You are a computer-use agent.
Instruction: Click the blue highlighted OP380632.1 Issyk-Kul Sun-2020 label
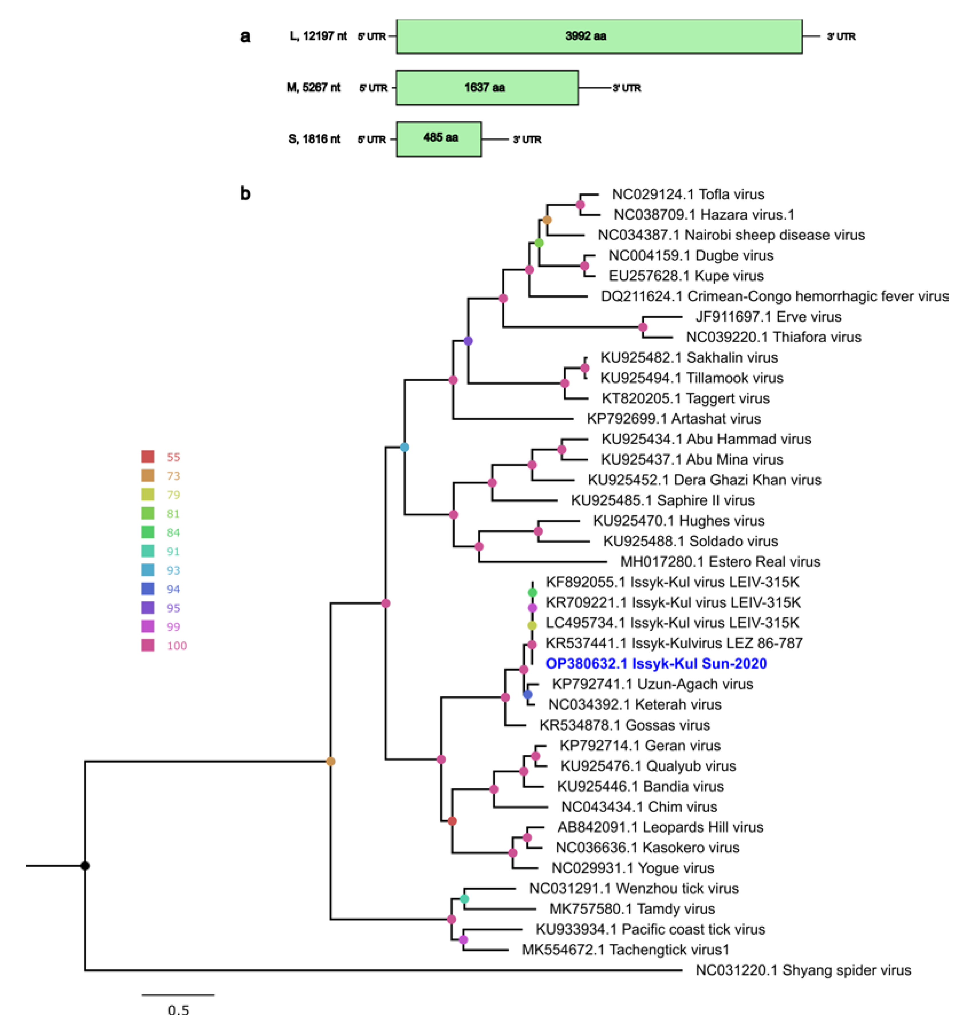pyautogui.click(x=656, y=663)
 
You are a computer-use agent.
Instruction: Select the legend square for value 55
pyautogui.click(x=148, y=456)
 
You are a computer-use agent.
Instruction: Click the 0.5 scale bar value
pyautogui.click(x=179, y=1009)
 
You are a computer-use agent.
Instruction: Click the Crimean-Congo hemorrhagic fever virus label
pyautogui.click(x=774, y=296)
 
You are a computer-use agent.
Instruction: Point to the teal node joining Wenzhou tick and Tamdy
pyautogui.click(x=464, y=899)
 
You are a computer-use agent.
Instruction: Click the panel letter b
pyautogui.click(x=245, y=194)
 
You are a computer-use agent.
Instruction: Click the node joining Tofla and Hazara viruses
pyautogui.click(x=580, y=205)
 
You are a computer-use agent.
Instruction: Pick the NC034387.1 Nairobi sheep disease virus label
pyautogui.click(x=731, y=235)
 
